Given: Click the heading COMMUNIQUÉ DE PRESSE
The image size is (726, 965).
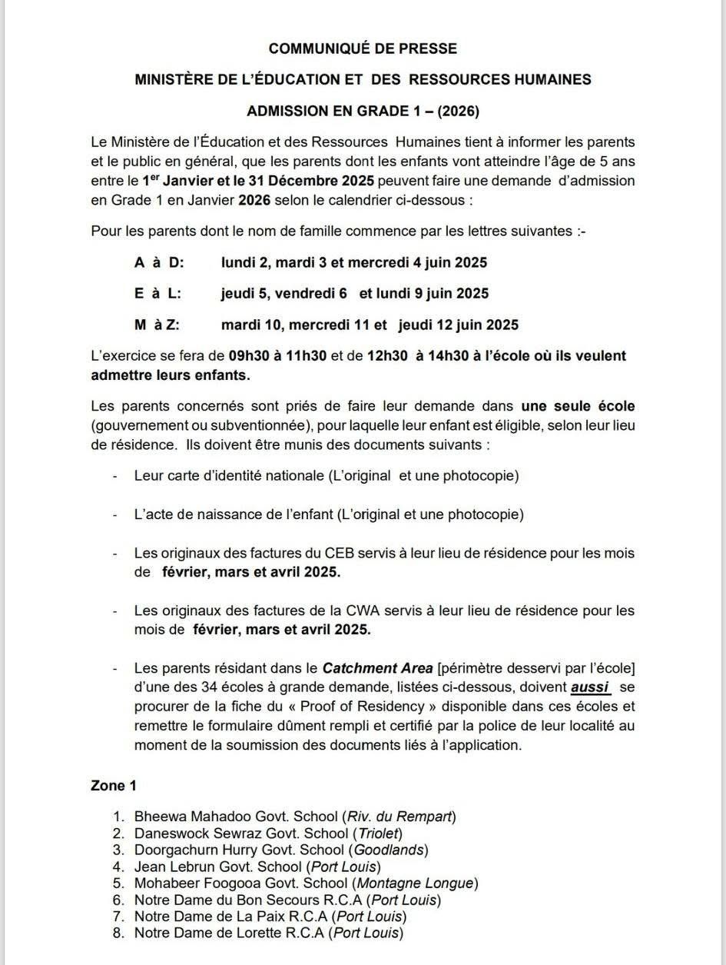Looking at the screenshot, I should (x=363, y=48).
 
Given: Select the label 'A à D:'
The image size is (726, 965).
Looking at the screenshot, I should (x=159, y=262).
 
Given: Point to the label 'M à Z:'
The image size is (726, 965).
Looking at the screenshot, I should (x=157, y=324).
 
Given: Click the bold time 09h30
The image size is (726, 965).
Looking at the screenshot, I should (x=249, y=356).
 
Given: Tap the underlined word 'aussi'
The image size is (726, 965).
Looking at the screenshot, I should (x=590, y=687).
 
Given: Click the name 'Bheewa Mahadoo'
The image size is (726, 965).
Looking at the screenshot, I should (x=183, y=816).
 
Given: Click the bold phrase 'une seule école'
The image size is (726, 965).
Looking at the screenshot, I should (x=578, y=406).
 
